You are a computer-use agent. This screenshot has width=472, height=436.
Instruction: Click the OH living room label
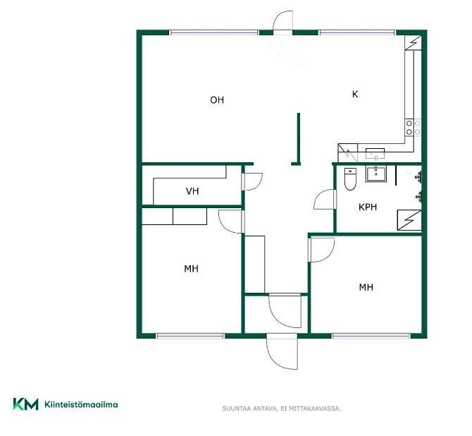(217, 99)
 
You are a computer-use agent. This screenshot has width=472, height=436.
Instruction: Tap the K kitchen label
(355, 94)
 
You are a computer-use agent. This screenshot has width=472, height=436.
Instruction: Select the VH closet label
(192, 191)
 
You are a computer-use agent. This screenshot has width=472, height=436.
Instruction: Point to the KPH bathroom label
(368, 207)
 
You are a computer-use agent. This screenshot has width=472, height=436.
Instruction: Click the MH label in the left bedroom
(191, 268)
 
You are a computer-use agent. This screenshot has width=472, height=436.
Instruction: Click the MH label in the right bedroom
(366, 287)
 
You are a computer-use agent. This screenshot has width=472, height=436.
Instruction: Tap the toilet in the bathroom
(350, 178)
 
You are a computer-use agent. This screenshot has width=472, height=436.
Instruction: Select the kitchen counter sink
(375, 154)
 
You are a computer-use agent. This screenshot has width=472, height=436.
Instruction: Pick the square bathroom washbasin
(375, 174)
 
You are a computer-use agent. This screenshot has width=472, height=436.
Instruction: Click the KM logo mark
(25, 404)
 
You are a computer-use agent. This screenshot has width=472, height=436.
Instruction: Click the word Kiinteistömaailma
(81, 404)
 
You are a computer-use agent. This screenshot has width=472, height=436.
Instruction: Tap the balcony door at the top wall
(282, 21)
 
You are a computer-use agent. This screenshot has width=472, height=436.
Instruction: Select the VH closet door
(252, 181)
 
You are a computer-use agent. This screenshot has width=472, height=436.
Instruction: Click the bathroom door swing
(325, 200)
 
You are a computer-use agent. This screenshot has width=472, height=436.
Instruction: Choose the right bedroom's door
(321, 250)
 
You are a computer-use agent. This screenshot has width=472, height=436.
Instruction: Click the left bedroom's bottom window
(190, 336)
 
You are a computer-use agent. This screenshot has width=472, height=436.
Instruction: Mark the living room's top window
(213, 32)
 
